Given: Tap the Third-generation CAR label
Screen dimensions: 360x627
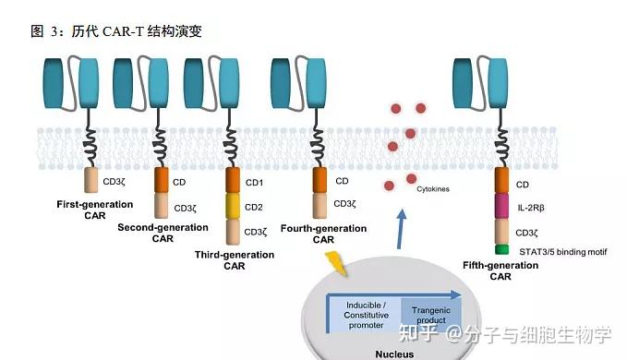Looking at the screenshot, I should pyautogui.click(x=234, y=259).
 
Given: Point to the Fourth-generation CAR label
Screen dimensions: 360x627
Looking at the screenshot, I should pyautogui.click(x=322, y=234).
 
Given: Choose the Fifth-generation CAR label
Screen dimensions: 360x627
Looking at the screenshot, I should pyautogui.click(x=500, y=270).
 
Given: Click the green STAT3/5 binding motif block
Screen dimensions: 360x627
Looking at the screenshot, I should pyautogui.click(x=501, y=248).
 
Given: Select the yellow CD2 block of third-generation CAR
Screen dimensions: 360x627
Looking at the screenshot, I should pyautogui.click(x=232, y=206).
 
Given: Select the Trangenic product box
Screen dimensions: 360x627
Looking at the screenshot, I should pyautogui.click(x=430, y=315).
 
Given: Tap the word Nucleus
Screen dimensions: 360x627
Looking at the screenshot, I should pyautogui.click(x=400, y=352).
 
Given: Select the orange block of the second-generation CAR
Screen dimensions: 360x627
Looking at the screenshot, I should pyautogui.click(x=162, y=180).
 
